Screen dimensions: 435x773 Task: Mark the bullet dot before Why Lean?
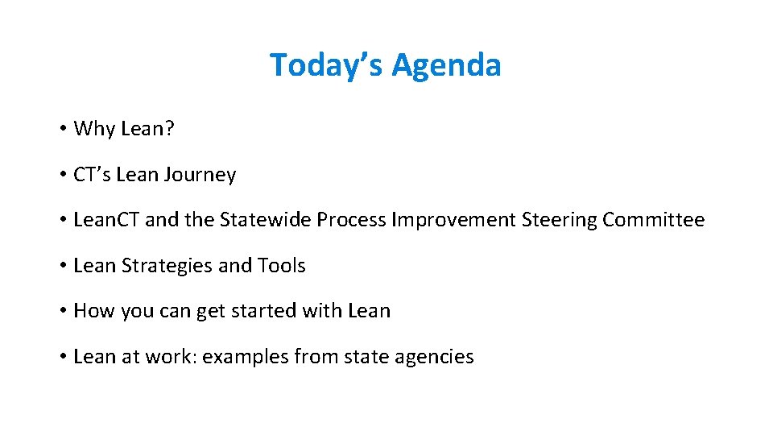pyautogui.click(x=62, y=130)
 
